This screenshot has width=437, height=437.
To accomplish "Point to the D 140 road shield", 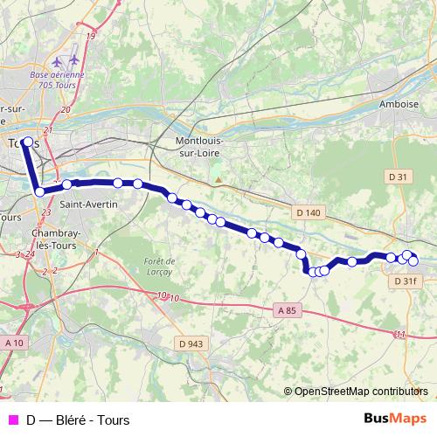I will coord(309,212).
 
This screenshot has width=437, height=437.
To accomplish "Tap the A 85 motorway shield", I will coord(287,309).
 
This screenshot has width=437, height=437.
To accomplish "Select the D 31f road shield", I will coord(406,281).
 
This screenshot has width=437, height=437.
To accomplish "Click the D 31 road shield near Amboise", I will coord(398,177).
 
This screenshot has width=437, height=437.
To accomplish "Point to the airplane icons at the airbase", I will coord(66,61).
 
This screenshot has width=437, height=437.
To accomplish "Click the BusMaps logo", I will coord(396,419).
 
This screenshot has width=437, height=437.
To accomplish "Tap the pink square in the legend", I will coord(12,420).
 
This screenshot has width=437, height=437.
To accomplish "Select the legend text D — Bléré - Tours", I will coord(78,420).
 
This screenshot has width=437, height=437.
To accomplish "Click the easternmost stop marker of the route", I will coord(413,260).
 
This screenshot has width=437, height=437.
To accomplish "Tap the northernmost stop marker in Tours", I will coord(27,141).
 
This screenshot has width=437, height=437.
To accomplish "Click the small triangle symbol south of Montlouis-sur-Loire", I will coord(218,181).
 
